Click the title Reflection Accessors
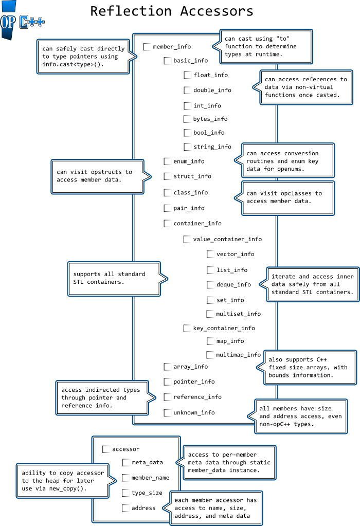(172, 11)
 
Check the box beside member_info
(147, 47)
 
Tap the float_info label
(210, 75)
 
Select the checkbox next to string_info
(188, 147)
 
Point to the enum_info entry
(189, 161)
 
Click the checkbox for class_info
(167, 192)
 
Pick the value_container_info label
(227, 239)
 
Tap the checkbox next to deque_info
(210, 284)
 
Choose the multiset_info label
(238, 314)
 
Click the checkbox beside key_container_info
(187, 328)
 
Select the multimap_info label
(238, 355)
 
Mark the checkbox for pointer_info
(167, 382)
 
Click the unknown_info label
(194, 412)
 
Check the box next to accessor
(106, 449)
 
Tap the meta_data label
(147, 463)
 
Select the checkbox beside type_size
(125, 493)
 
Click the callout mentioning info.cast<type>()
(83, 57)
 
